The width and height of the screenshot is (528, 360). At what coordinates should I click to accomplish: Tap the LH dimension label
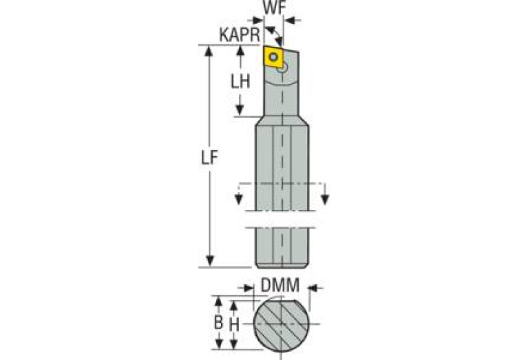[240, 81]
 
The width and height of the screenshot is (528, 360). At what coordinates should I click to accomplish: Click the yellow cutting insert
[275, 57]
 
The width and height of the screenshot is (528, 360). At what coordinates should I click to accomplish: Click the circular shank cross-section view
[281, 324]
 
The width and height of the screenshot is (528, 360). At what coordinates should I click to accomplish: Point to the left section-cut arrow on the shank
[239, 200]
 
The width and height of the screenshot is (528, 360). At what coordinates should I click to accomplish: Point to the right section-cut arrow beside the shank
[324, 200]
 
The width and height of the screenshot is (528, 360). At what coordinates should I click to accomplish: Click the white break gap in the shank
[281, 218]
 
